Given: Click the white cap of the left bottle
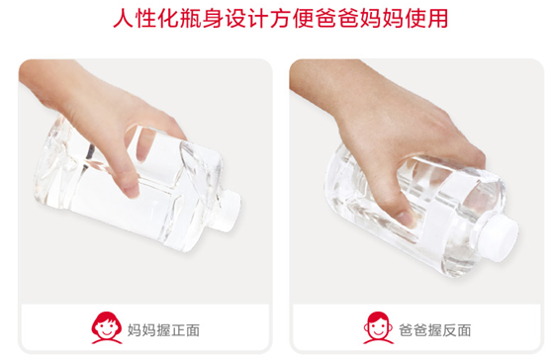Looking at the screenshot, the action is [x=229, y=211].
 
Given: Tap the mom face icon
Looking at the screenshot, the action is [x=106, y=327].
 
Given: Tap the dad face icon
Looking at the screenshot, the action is [x=378, y=327].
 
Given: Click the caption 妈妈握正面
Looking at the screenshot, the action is [x=163, y=330].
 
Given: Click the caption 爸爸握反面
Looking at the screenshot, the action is [x=434, y=330].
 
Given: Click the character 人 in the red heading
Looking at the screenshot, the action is [x=123, y=19].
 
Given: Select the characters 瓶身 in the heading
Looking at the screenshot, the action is [x=202, y=19].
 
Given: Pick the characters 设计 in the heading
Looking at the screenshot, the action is [x=246, y=19].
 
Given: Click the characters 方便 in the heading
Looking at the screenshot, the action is [x=292, y=19].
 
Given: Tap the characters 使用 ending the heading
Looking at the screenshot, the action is [x=426, y=19].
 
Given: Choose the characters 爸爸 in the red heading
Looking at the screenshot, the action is [x=337, y=19].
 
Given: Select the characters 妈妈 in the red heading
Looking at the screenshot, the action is [x=382, y=19].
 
